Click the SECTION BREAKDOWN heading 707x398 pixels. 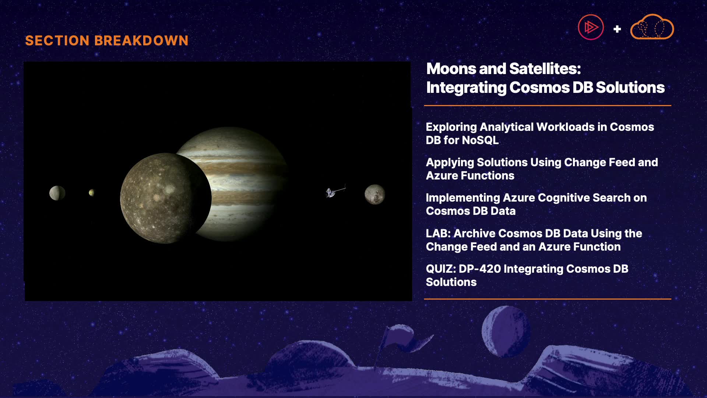[107, 41]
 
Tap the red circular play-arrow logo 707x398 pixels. [591, 27]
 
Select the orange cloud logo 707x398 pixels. [652, 27]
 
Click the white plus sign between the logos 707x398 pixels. [617, 29]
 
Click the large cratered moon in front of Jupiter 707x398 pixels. [166, 198]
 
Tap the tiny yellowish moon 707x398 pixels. [92, 192]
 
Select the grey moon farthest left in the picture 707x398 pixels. [57, 193]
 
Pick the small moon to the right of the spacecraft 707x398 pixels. [375, 194]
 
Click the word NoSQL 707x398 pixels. [480, 140]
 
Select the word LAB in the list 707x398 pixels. [438, 233]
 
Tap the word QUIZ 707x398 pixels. [441, 269]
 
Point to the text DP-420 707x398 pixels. [480, 269]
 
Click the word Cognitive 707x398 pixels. [548, 198]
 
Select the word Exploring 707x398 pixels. [451, 127]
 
